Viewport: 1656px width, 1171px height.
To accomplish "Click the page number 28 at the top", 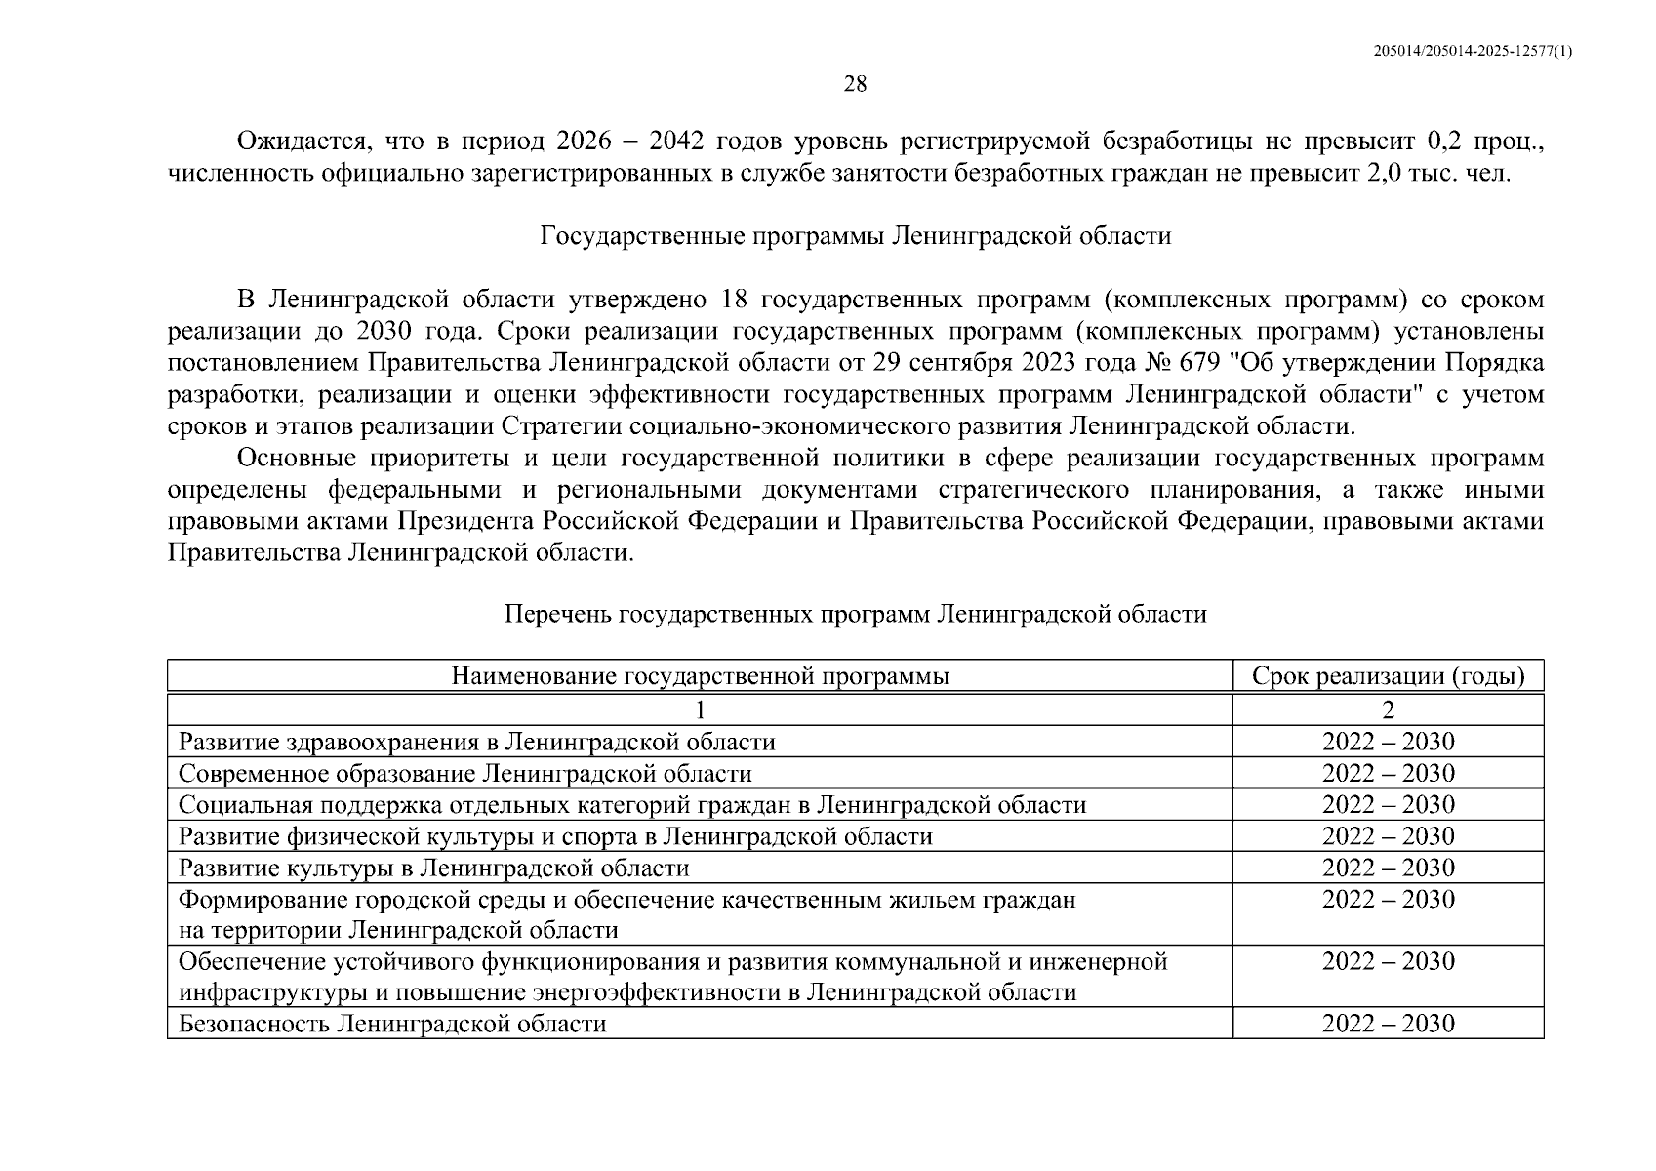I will (854, 84).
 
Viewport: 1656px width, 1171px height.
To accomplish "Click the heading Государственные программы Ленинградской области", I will (856, 236).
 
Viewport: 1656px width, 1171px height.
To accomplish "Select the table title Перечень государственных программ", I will (855, 614).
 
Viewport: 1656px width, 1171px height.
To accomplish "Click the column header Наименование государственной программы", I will (700, 676).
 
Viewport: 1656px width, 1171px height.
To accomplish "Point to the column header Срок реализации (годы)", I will (1388, 676).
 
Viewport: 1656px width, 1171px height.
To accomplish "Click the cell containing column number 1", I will (700, 709).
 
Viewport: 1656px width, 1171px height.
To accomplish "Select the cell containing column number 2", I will (1388, 709).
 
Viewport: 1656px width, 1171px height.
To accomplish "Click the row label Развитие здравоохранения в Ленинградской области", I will (476, 742).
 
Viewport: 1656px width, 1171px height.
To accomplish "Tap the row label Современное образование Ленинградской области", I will (464, 774).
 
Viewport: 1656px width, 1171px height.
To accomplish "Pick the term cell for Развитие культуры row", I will (1388, 868).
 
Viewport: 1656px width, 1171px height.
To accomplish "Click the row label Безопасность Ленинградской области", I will (392, 1024).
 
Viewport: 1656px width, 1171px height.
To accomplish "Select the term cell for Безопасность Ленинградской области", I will (1388, 1024).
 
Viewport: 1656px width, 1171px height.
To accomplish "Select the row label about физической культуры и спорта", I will (555, 836).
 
